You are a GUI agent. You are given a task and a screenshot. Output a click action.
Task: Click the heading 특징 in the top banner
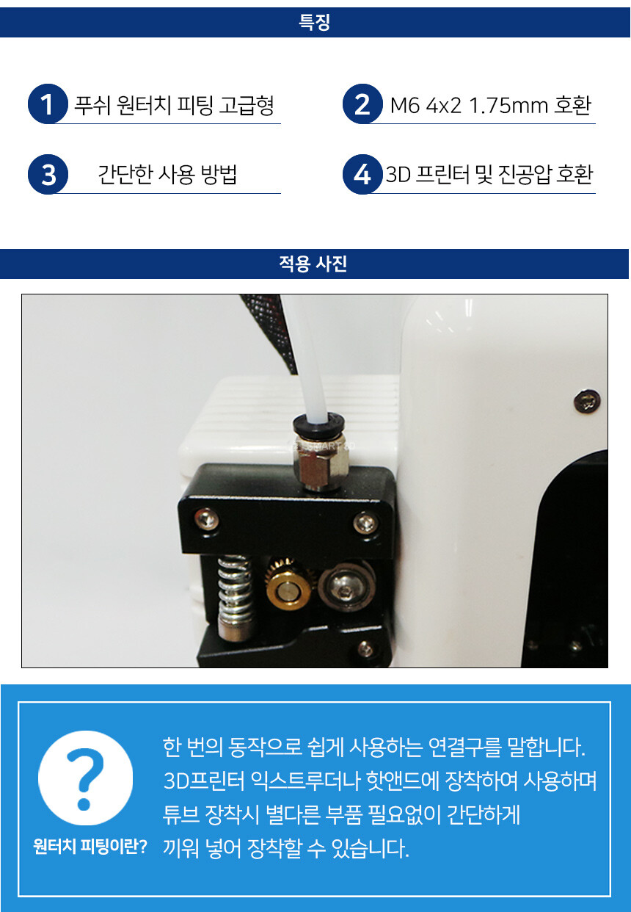coord(314,22)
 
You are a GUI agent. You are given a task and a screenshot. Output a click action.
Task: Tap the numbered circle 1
coord(48,104)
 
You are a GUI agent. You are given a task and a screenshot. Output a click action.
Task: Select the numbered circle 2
coord(362,104)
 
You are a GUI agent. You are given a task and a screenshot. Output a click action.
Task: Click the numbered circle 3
coord(48,174)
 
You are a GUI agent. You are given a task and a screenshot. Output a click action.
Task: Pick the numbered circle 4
coord(362,174)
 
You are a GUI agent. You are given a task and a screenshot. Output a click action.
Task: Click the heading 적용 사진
coord(313,264)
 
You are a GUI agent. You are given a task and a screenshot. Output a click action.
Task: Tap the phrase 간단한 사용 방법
coord(167,175)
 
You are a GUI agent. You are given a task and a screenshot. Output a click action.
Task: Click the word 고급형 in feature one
coord(246,106)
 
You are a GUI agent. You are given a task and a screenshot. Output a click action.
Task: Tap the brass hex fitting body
coord(323,463)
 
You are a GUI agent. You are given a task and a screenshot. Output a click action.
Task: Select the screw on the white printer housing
coord(587,399)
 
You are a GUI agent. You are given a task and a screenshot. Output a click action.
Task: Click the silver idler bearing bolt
coord(346,586)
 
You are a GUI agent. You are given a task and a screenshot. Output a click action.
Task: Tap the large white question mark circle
coord(85,778)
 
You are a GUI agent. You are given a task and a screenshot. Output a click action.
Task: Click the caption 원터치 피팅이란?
coord(90,847)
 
